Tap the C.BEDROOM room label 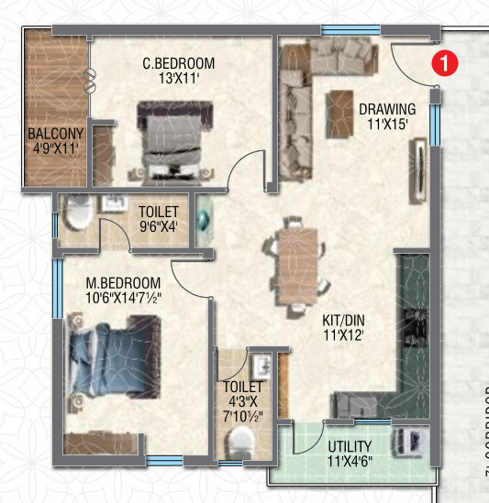point(178,63)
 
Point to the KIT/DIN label point(343,321)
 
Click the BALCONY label point(55,132)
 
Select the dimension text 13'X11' point(178,80)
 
